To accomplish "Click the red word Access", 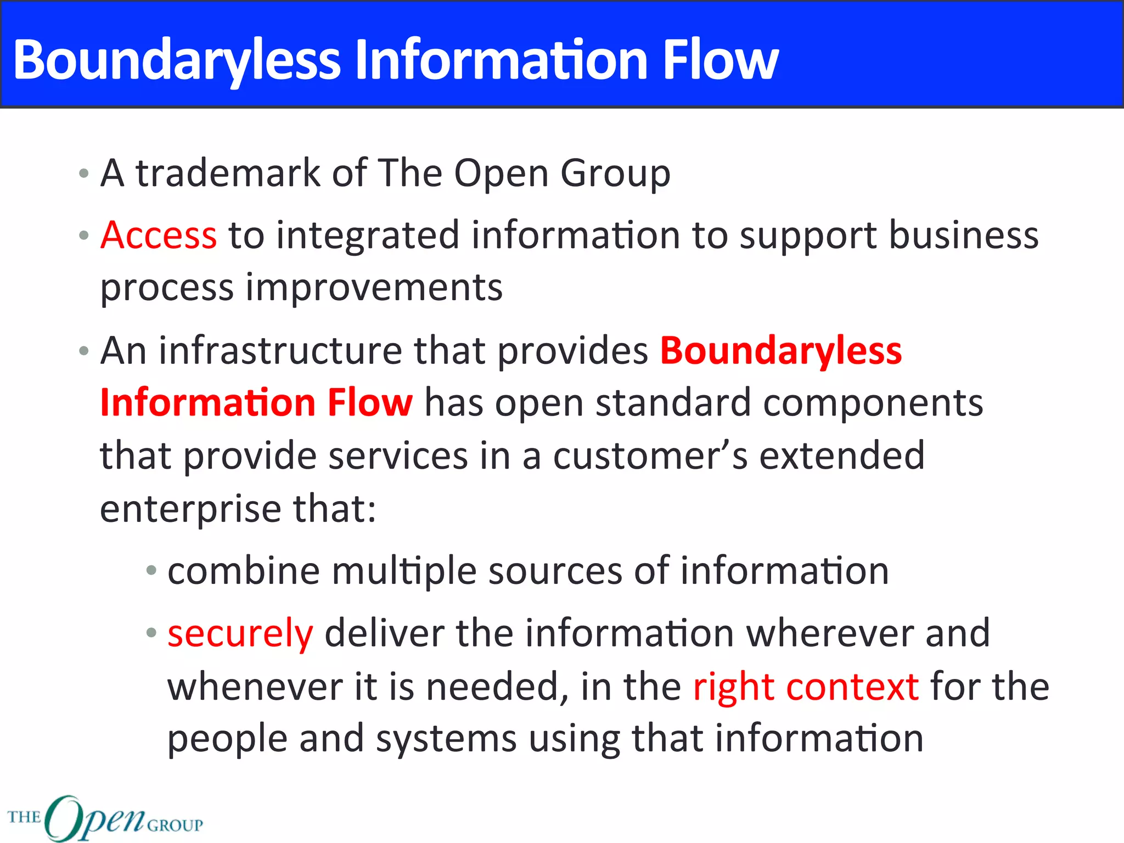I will tap(159, 235).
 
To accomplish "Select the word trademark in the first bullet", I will tap(228, 173).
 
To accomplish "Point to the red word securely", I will tap(240, 633).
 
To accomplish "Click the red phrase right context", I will tap(806, 687).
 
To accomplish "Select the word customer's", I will tap(650, 456).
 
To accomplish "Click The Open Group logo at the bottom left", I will tap(104, 818).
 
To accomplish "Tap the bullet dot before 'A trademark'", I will tap(83, 174).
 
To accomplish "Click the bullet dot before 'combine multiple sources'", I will tap(151, 571).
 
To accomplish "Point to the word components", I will tap(873, 404).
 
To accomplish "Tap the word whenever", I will tap(255, 687).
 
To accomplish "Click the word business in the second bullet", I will tap(963, 235).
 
